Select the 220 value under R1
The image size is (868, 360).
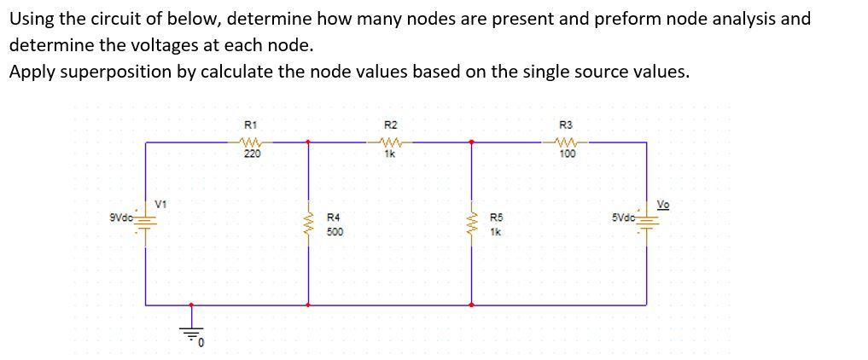pyautogui.click(x=252, y=154)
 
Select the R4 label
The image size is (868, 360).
pyautogui.click(x=335, y=218)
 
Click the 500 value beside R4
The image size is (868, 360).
pyautogui.click(x=335, y=232)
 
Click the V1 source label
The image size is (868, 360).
pyautogui.click(x=160, y=203)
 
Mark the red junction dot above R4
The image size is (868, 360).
pyautogui.click(x=308, y=142)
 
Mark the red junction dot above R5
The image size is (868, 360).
pyautogui.click(x=472, y=142)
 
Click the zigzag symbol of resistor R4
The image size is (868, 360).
pyautogui.click(x=308, y=224)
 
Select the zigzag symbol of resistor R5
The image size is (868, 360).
pyautogui.click(x=472, y=224)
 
